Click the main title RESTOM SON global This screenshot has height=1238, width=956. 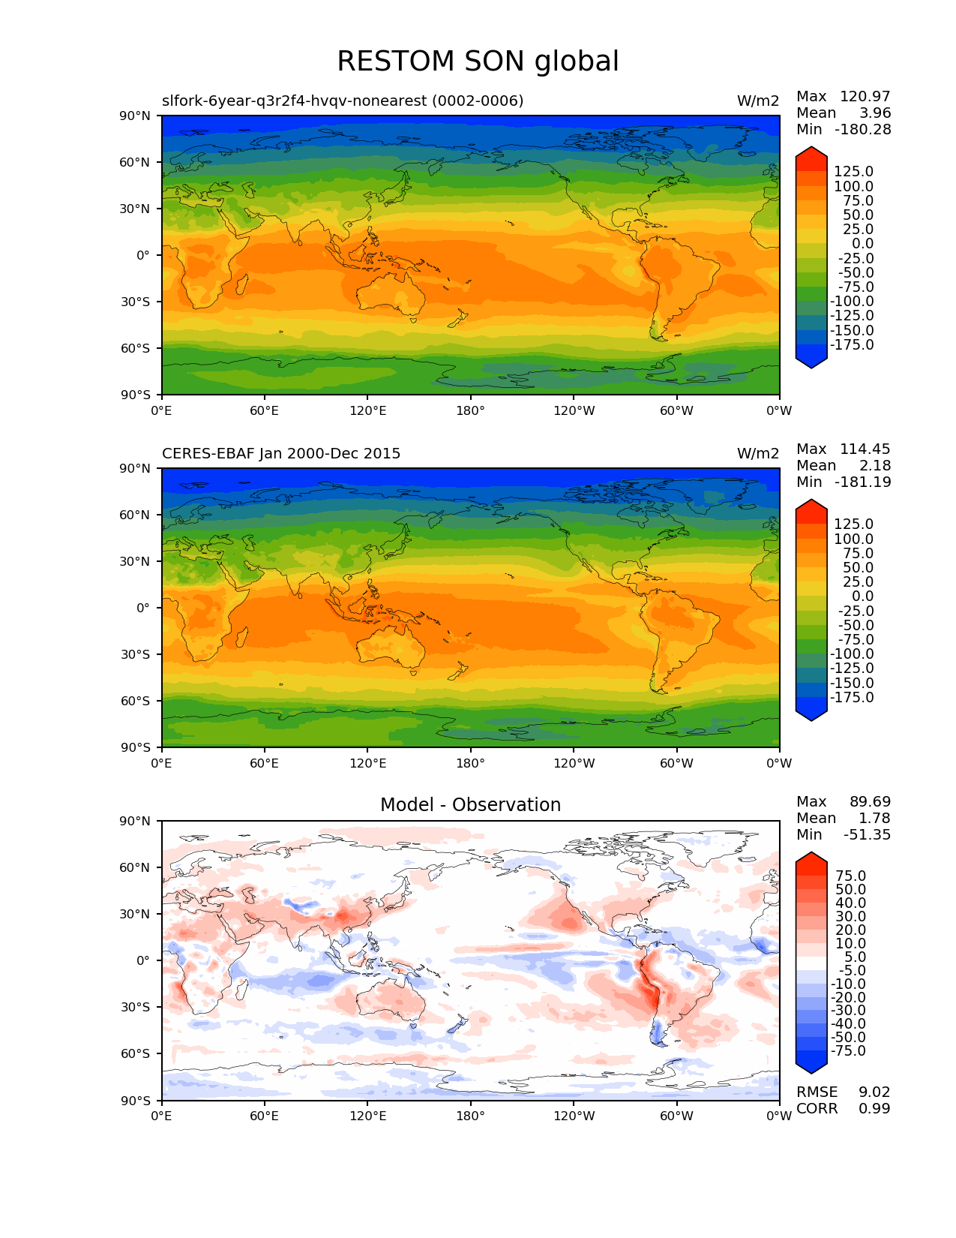pos(478,62)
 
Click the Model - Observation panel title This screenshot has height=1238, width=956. pos(470,805)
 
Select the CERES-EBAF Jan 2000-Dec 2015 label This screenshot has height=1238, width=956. pos(281,454)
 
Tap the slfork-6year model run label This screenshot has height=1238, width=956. pos(343,101)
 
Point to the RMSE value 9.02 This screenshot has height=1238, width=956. pos(874,1092)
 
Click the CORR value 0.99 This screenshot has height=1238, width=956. pos(874,1109)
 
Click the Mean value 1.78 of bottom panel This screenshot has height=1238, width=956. pos(874,819)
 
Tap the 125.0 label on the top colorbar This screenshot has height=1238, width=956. pos(853,172)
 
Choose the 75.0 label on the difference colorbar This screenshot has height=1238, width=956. pos(850,876)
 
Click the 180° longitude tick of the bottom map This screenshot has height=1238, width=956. pos(470,1116)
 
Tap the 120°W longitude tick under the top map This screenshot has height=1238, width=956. pos(574,411)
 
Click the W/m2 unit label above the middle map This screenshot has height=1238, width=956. pos(758,454)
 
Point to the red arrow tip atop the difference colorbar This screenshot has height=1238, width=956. pos(811,858)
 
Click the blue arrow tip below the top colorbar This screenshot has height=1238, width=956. pos(811,363)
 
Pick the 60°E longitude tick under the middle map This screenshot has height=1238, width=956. pos(265,764)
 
